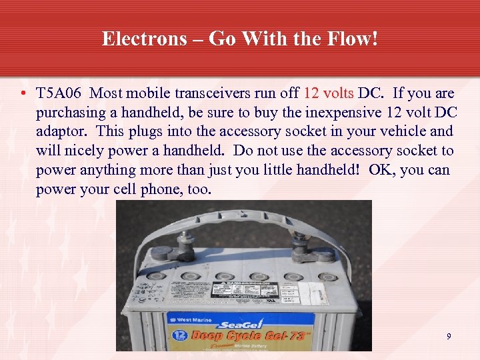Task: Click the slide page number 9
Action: [x=449, y=337]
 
